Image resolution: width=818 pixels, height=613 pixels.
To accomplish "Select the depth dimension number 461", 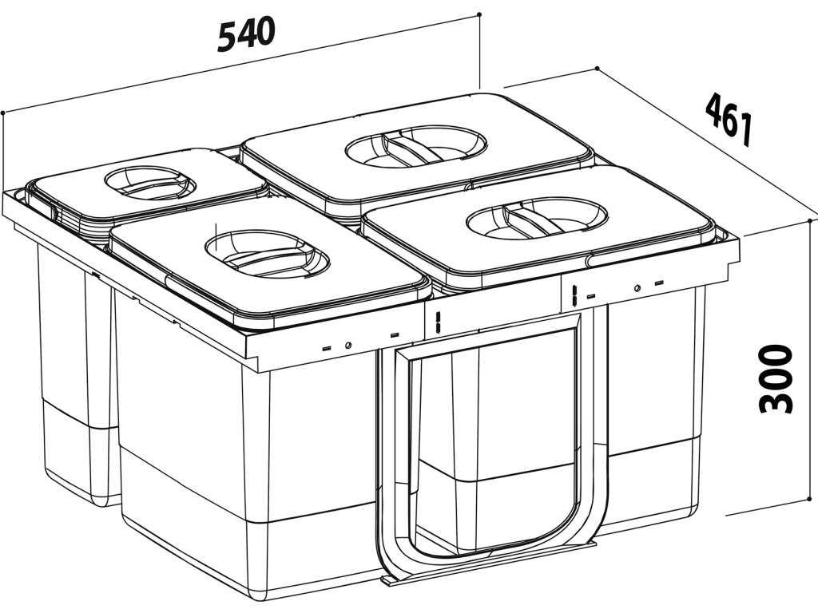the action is [x=728, y=118].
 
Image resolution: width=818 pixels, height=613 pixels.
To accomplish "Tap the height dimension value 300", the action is [x=776, y=378].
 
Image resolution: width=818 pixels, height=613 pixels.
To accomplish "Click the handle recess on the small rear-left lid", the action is [x=150, y=182].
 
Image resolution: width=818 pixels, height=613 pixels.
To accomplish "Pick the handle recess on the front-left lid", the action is [x=268, y=253].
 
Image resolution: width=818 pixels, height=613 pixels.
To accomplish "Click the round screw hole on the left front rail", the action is [x=348, y=346].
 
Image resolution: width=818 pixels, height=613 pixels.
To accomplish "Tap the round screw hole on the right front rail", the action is [x=637, y=288].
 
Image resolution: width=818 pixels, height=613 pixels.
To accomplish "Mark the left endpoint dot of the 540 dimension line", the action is [x=4, y=113].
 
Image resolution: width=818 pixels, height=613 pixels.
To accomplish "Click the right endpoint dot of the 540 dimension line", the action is [x=478, y=14].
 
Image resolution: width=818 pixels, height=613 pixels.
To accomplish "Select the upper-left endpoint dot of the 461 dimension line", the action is [x=597, y=69].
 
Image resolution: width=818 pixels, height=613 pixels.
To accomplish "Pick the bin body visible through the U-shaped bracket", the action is [x=495, y=415].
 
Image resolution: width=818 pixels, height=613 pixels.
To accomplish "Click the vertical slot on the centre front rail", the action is [x=439, y=322].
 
